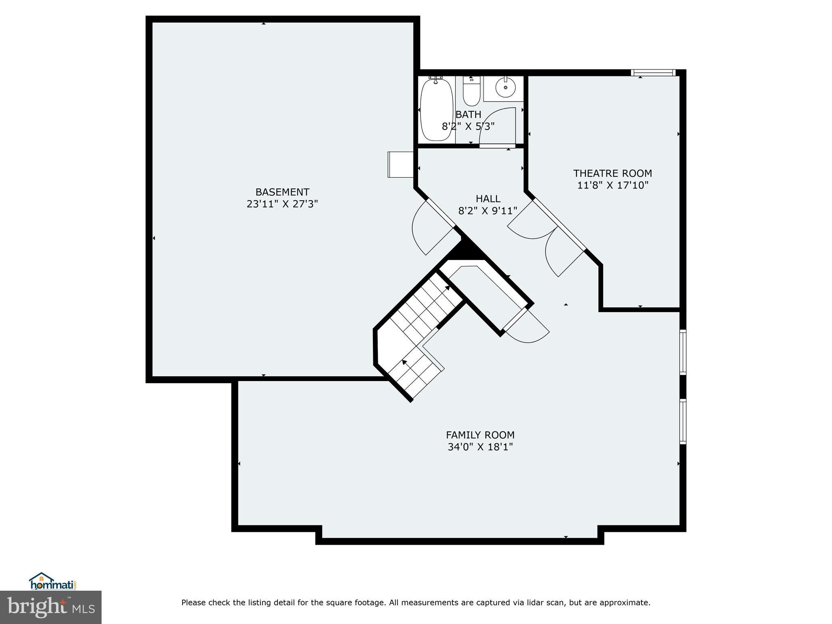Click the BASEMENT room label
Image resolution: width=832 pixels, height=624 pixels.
tap(282, 192)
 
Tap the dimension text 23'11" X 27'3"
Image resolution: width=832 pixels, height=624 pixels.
tap(282, 204)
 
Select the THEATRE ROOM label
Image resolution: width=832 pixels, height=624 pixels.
tap(613, 173)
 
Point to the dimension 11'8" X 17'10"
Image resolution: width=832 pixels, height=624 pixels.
tap(613, 185)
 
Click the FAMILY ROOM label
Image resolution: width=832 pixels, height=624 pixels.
tap(480, 435)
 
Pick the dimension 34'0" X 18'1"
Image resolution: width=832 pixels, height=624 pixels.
tap(480, 447)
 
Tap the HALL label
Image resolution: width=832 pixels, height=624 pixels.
tap(488, 199)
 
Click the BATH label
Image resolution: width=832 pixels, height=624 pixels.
tap(468, 115)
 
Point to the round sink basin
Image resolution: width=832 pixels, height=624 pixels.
tap(505, 87)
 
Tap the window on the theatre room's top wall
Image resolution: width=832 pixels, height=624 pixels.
tap(653, 73)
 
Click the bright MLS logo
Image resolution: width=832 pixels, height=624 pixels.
tap(51, 607)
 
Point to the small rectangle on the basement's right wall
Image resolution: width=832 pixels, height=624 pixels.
tap(400, 164)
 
